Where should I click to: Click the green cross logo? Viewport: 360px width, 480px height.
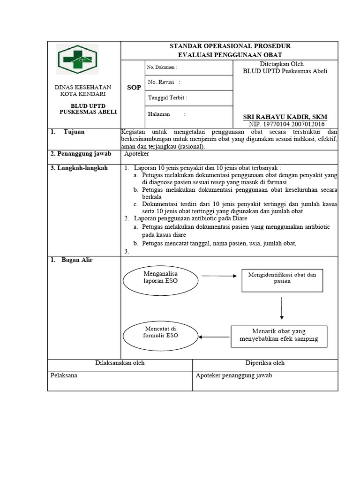click(78, 60)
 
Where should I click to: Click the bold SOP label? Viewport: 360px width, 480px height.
click(134, 88)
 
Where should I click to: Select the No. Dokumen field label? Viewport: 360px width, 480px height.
click(162, 67)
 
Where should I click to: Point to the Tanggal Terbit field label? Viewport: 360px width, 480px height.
click(167, 98)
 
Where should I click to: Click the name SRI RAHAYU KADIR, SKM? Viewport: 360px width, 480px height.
click(285, 117)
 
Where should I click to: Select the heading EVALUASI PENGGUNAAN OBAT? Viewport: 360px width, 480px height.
click(229, 55)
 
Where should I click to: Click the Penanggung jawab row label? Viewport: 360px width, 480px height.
click(78, 153)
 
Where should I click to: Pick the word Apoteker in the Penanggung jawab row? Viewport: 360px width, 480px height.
click(137, 153)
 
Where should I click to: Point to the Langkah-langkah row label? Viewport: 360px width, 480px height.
click(79, 168)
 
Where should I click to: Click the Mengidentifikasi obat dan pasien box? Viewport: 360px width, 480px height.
click(282, 278)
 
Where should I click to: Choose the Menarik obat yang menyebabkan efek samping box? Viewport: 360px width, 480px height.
click(279, 335)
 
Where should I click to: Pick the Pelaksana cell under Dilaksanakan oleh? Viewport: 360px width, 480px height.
click(64, 375)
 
